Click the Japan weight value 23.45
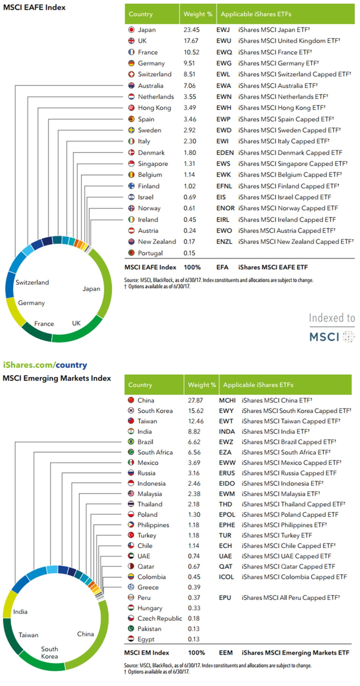[191, 30]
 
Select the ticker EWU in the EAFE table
[223, 41]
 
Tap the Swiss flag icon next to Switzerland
[131, 74]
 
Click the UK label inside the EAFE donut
[76, 323]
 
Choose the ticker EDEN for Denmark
[225, 153]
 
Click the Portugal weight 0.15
[189, 253]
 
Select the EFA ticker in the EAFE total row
[222, 267]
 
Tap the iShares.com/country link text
[45, 365]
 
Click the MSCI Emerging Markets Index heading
[57, 378]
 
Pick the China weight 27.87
[195, 400]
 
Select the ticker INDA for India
[227, 431]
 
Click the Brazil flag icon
[131, 442]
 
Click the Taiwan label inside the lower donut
[28, 635]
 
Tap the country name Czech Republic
[159, 618]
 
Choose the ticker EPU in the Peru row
[225, 598]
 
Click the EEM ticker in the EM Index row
[226, 653]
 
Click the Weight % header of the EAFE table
[198, 14]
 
